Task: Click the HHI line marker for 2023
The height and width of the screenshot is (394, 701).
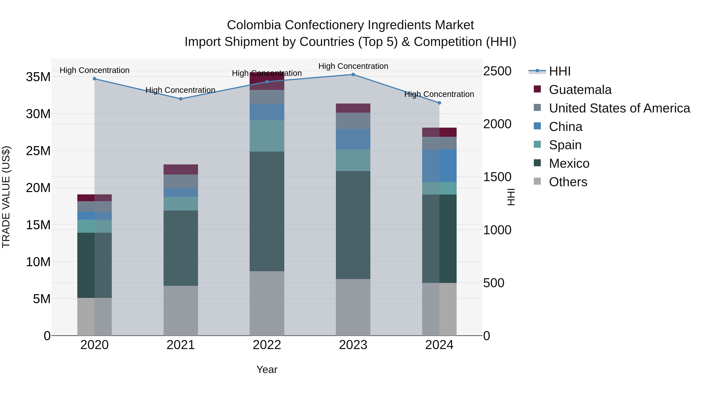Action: (x=353, y=75)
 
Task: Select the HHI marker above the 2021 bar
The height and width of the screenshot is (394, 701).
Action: (x=181, y=99)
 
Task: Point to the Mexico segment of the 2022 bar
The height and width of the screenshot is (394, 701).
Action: (x=267, y=211)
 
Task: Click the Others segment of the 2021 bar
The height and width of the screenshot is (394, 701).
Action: (x=181, y=311)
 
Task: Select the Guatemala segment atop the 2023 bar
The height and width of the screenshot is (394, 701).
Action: (x=353, y=108)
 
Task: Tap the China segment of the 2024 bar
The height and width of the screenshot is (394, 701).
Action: (x=439, y=166)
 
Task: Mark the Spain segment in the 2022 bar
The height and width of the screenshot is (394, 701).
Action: (x=267, y=136)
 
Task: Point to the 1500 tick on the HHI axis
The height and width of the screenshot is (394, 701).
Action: (x=497, y=177)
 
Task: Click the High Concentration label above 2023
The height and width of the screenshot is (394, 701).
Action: (x=353, y=66)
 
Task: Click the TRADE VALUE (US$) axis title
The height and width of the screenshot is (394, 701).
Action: (x=6, y=197)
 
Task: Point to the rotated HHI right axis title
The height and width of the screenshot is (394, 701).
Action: (x=511, y=197)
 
